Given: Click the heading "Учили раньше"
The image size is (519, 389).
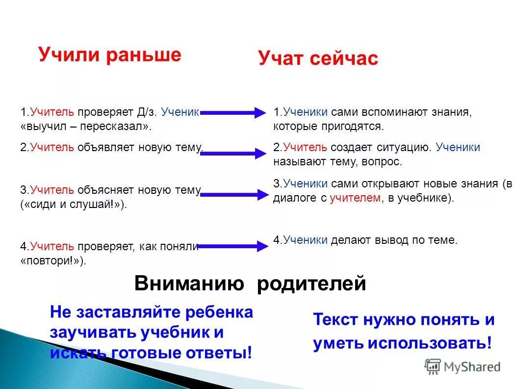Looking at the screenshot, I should click(x=110, y=54).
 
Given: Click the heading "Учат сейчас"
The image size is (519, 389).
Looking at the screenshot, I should click(x=318, y=59).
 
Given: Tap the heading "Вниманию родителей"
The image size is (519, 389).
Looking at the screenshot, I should click(x=250, y=284).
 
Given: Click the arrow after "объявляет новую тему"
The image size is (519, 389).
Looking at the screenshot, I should click(x=234, y=154).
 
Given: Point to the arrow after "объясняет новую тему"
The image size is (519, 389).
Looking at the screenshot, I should click(x=234, y=195).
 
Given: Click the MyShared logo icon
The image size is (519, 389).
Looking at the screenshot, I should click(x=433, y=366).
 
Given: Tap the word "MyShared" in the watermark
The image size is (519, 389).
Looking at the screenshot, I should click(x=472, y=366).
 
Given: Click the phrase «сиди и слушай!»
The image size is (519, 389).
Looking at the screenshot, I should click(x=74, y=204).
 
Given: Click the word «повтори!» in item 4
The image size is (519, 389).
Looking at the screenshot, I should click(x=53, y=261).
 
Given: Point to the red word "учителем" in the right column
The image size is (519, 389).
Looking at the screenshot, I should click(x=355, y=198).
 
